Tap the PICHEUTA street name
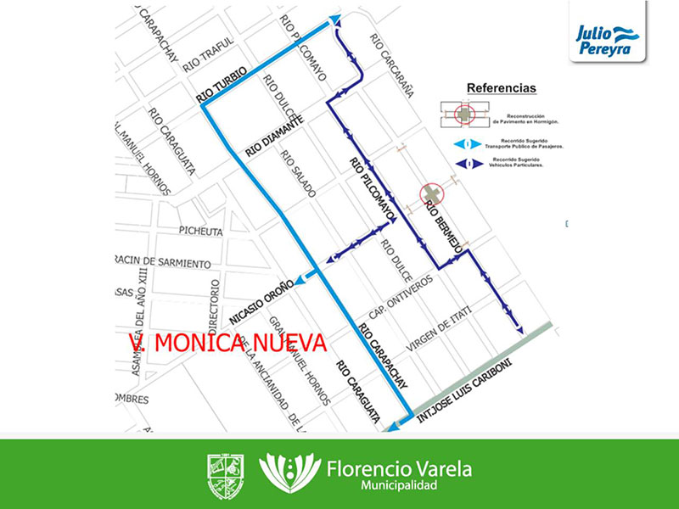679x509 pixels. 200,231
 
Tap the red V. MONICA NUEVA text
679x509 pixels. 227,342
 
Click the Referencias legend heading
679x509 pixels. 502,88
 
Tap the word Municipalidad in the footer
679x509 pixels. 398,486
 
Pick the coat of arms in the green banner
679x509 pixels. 227,473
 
